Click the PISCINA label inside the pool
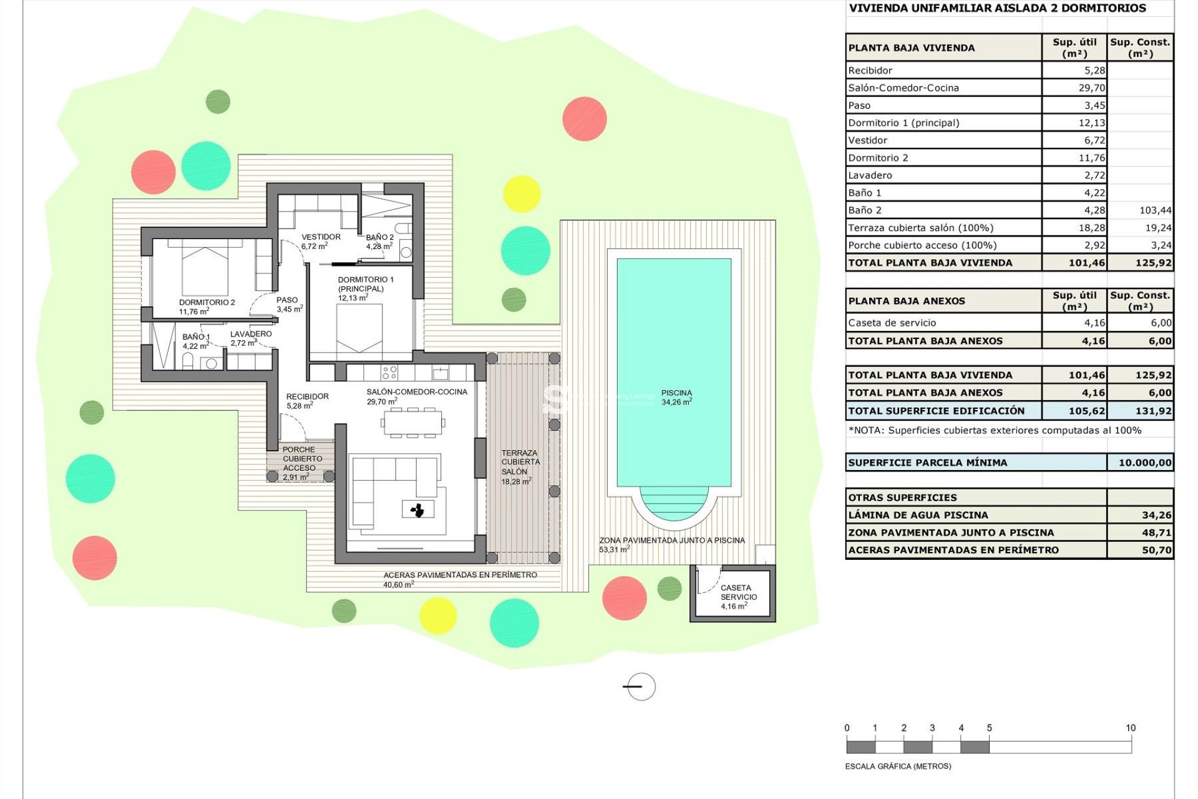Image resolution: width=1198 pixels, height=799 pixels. click(676, 393)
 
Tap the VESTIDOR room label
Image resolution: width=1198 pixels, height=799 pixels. click(321, 237)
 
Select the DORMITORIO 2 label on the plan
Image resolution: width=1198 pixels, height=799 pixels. click(207, 303)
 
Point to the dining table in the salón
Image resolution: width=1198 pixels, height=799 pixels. click(412, 423)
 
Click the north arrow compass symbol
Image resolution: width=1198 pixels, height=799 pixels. click(640, 687)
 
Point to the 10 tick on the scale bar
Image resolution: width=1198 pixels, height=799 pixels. click(1130, 728)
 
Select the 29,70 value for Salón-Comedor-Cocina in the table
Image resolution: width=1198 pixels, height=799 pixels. click(1091, 88)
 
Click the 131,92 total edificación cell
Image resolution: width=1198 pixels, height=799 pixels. click(1153, 411)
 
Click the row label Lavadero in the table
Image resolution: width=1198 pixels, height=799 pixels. click(870, 175)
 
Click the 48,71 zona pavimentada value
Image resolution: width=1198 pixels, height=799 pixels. click(1156, 532)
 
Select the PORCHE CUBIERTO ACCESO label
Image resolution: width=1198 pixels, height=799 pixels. click(301, 459)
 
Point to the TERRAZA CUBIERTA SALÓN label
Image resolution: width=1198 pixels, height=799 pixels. click(520, 463)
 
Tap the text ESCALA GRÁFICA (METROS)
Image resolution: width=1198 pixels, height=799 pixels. click(897, 766)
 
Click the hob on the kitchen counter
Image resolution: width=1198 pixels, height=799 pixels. click(389, 373)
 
